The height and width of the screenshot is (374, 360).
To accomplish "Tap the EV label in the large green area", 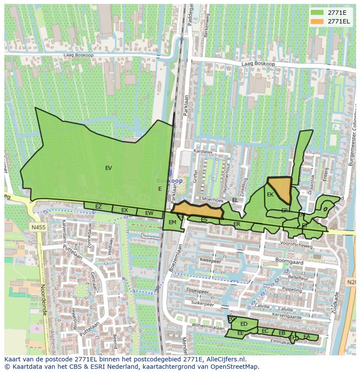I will click(x=108, y=168).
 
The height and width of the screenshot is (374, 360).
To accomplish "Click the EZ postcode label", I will click(x=98, y=207).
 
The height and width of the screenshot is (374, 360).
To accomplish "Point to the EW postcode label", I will click(x=149, y=213).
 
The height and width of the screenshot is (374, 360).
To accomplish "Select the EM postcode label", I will click(x=172, y=222).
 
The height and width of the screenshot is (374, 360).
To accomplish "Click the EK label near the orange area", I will click(x=270, y=195).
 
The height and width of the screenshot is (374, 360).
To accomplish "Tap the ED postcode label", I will click(x=244, y=324).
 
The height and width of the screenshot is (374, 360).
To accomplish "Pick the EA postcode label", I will click(x=307, y=337).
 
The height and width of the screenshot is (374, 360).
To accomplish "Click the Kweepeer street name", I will click(x=210, y=261).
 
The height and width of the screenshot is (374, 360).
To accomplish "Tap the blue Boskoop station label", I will click(x=169, y=181).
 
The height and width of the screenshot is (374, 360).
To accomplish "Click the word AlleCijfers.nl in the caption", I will click(x=225, y=359).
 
